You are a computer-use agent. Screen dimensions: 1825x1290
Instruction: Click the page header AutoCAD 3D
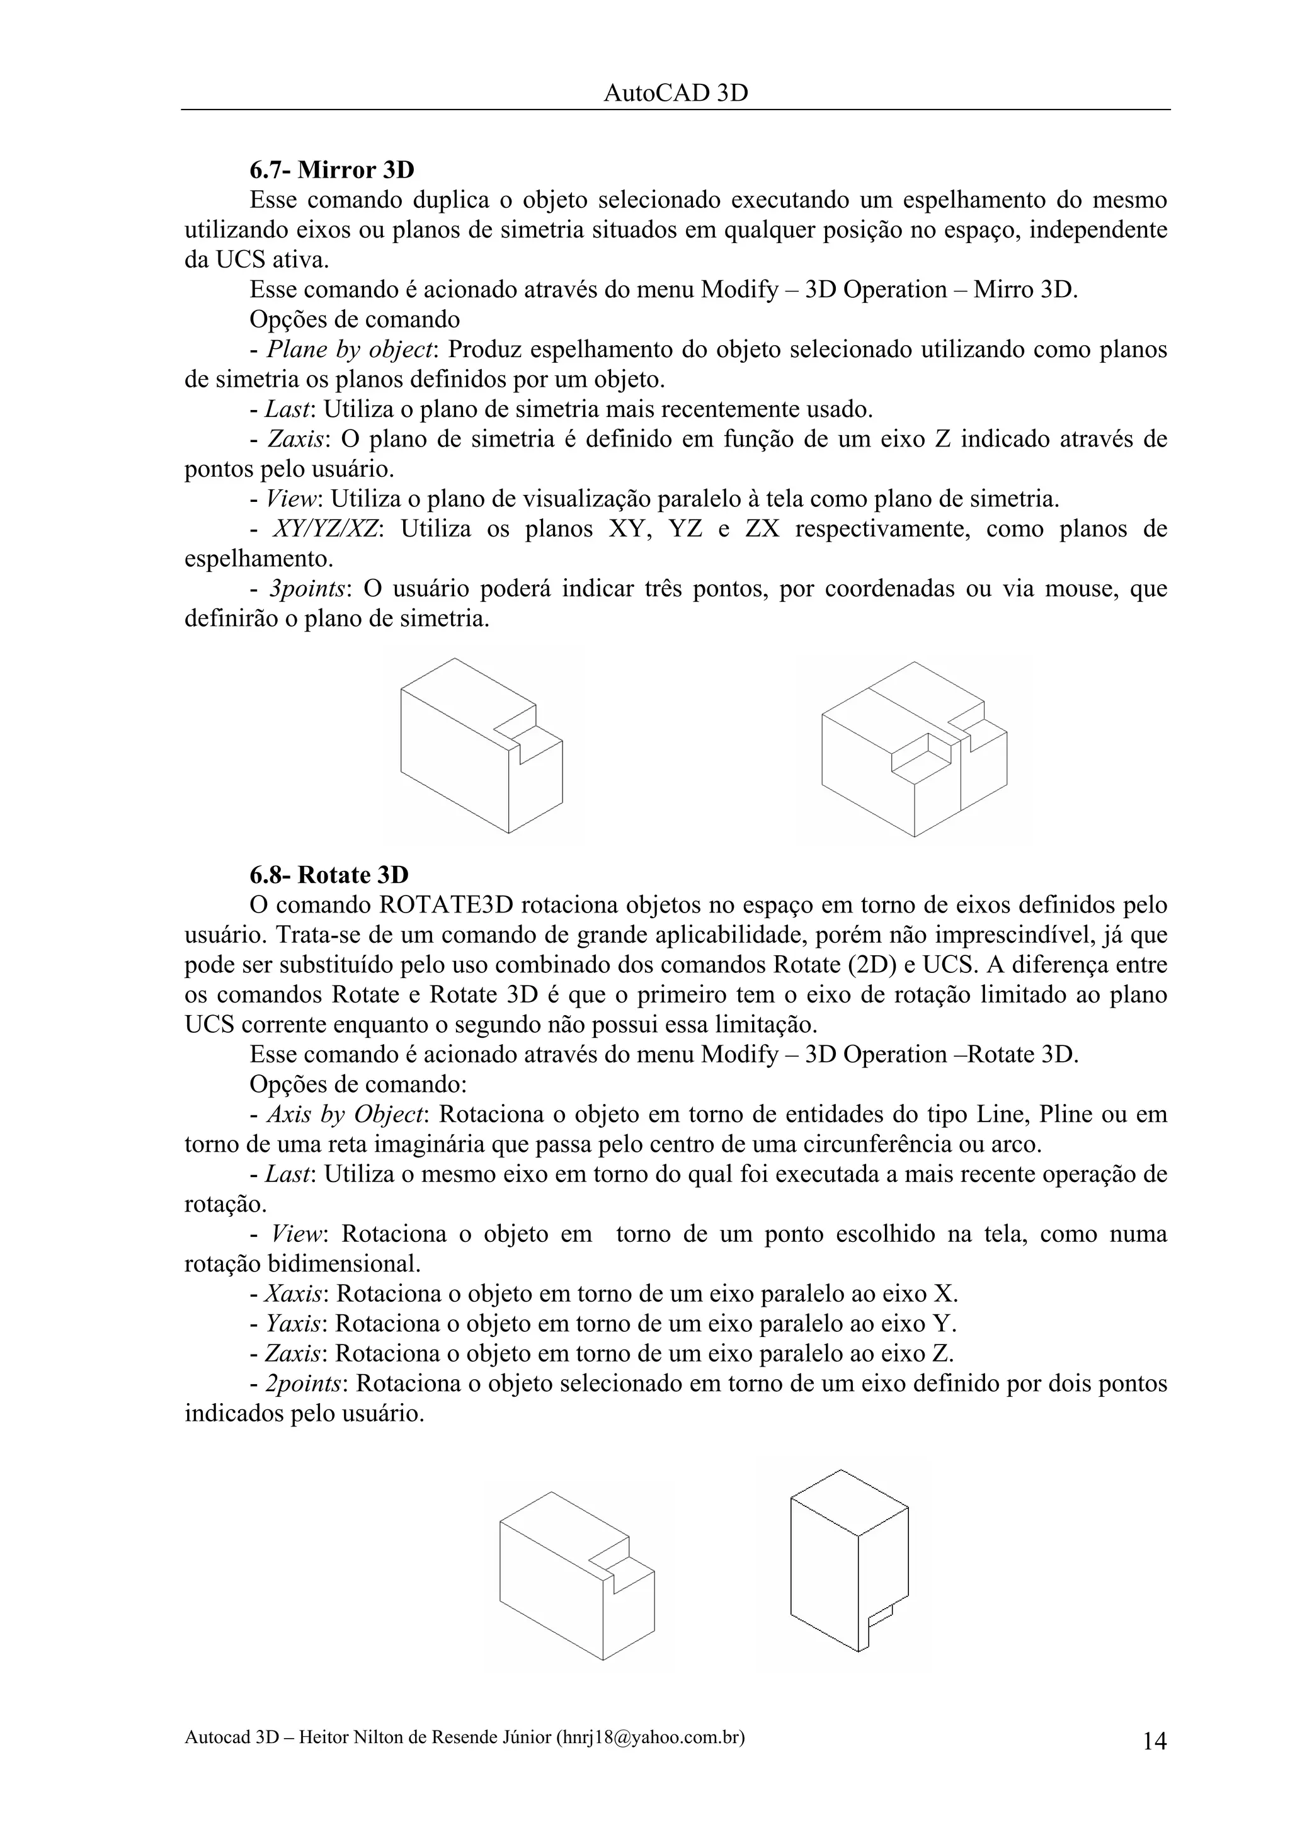(676, 94)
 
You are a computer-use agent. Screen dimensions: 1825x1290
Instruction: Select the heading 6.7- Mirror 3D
(331, 170)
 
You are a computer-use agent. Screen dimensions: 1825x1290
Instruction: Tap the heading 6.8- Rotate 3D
(328, 875)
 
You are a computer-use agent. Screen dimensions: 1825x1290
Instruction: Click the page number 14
(1154, 1741)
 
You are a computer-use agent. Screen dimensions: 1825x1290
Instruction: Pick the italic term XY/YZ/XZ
(325, 530)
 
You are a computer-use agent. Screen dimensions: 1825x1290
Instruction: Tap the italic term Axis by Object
(344, 1115)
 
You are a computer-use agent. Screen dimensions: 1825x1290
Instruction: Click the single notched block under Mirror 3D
(481, 747)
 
